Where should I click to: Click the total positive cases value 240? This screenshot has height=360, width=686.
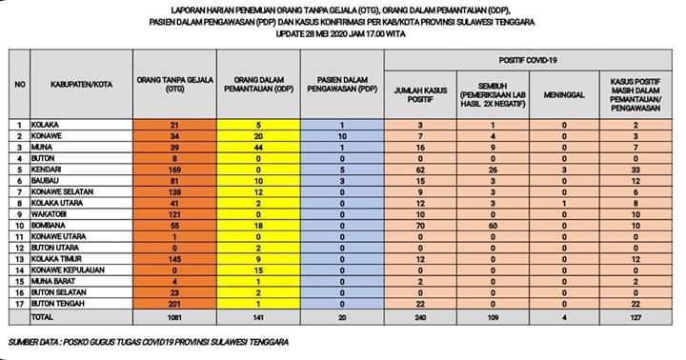(x=420, y=316)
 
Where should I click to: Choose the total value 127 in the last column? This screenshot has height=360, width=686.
(x=636, y=316)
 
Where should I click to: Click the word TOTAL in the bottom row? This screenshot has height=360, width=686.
(x=42, y=316)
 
